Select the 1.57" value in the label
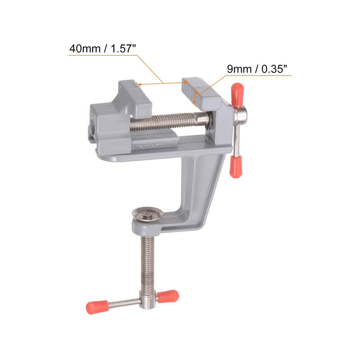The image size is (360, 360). (x=121, y=48)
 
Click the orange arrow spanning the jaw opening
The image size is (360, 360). (x=162, y=83)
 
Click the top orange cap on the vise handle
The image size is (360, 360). (x=238, y=92)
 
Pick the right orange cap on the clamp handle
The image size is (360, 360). (x=168, y=296)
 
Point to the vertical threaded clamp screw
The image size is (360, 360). (x=146, y=261)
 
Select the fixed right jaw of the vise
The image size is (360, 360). (x=205, y=97)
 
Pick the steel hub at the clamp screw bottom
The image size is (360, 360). (x=147, y=301)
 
